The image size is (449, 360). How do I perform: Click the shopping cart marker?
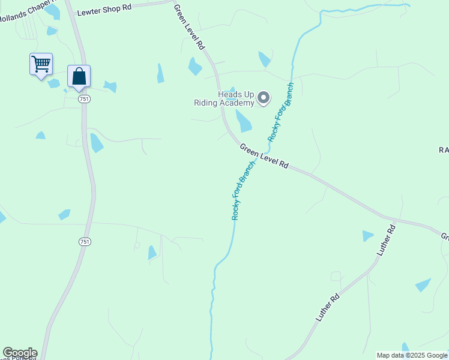[41, 64]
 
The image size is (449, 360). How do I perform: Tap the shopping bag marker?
[79, 76]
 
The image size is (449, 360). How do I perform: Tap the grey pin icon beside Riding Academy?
[264, 98]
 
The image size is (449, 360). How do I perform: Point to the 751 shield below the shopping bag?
[84, 100]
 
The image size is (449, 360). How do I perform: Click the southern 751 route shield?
[85, 241]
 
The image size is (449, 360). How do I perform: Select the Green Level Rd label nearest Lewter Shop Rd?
[190, 27]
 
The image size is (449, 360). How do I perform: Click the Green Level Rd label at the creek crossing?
[264, 155]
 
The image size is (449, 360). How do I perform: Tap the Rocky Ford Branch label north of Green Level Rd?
[281, 112]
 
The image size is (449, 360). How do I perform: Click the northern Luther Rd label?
[387, 241]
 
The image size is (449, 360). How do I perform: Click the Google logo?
[20, 353]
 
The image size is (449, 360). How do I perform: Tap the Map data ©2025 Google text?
[412, 355]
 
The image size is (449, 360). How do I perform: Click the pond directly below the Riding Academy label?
[243, 121]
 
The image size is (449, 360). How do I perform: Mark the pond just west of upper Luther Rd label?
[367, 236]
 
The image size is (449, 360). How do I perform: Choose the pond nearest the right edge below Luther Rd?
[423, 285]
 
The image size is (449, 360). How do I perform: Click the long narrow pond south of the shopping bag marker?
[96, 143]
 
